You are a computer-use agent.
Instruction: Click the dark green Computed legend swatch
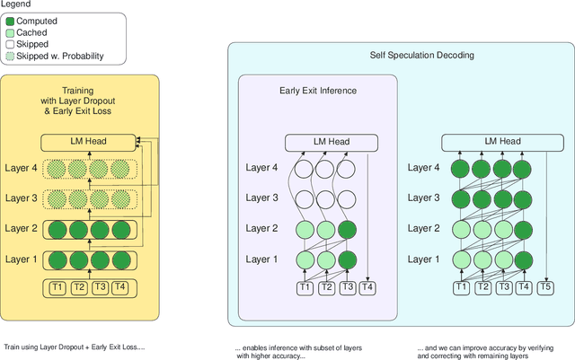11,21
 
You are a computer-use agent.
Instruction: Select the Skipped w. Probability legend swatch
11,56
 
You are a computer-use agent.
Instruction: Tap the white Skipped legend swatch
11,44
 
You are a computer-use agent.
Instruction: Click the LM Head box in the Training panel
89,141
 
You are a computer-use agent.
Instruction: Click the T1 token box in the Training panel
57,288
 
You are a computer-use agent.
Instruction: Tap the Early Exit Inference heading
316,90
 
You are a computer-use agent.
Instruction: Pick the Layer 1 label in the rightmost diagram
425,259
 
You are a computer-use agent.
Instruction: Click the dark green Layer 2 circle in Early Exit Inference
349,228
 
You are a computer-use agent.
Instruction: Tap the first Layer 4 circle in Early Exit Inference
305,168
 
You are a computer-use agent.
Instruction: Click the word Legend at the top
16,4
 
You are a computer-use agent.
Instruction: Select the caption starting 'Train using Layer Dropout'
74,347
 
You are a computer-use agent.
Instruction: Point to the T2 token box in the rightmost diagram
482,288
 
